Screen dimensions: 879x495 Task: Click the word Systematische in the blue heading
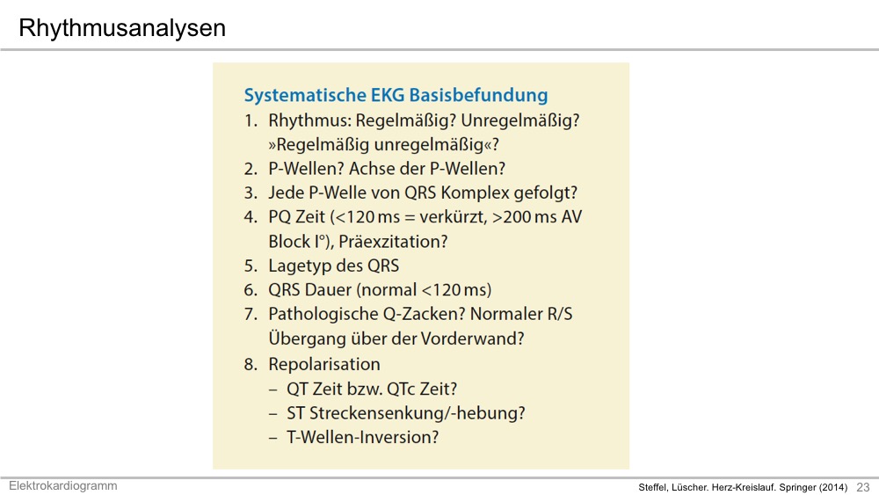(x=305, y=95)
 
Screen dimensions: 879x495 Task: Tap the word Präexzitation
(x=393, y=242)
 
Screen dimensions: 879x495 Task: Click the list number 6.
(x=250, y=290)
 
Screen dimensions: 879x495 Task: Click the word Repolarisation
(x=324, y=364)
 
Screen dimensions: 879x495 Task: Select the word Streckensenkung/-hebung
(x=417, y=413)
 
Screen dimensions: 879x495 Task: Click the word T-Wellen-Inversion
(x=362, y=437)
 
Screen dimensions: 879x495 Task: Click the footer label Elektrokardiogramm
(x=62, y=485)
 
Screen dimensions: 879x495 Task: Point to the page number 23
(x=863, y=487)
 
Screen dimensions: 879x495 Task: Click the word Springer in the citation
(x=798, y=488)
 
